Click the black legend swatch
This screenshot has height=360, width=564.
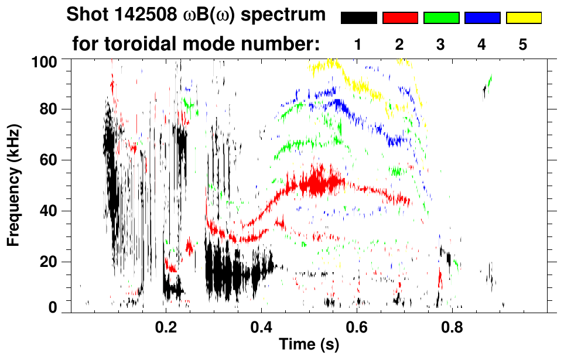359,18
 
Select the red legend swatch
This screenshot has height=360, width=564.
400,18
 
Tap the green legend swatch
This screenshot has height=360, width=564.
441,18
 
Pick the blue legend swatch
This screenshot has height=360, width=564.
482,18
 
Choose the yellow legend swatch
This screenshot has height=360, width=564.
523,18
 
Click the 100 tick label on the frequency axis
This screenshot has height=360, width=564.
45,61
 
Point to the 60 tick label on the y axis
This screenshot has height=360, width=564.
50,160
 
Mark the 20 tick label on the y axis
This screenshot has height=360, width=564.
50,262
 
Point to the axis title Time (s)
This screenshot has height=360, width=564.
308,345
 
